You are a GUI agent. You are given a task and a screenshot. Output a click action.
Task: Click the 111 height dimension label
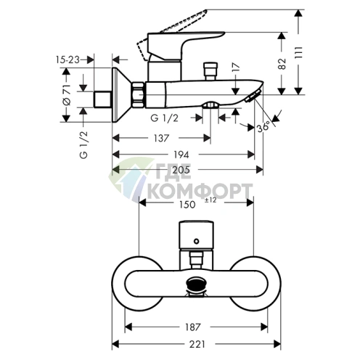tap(299, 52)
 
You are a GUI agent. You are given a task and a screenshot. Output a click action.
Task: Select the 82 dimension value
tap(282, 64)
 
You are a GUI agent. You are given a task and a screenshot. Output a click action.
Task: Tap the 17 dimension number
tap(236, 67)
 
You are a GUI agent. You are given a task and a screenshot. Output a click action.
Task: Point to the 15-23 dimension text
tap(67, 60)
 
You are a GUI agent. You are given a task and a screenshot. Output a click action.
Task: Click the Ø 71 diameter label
tap(67, 94)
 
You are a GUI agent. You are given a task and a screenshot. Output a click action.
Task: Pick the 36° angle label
tap(263, 126)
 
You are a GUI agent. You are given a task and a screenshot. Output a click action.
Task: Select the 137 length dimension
tap(161, 138)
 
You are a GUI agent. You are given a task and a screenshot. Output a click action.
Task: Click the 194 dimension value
tap(181, 155)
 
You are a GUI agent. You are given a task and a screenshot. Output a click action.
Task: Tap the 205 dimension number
tap(181, 170)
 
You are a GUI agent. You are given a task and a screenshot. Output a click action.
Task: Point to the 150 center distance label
tap(187, 205)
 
